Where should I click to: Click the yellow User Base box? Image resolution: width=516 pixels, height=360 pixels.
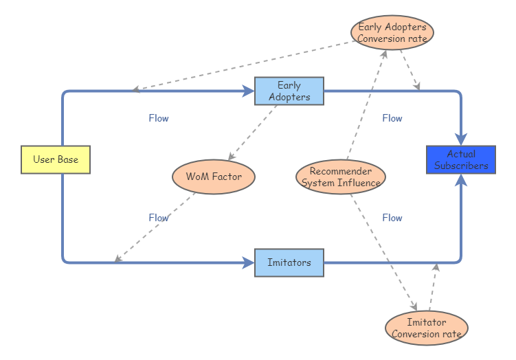56,159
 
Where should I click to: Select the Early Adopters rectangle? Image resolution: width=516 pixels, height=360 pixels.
289,91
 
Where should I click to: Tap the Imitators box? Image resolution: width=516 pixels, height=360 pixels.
289,262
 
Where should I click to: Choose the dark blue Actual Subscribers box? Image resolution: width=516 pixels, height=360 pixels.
460,159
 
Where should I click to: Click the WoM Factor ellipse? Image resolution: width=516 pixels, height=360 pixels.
214,177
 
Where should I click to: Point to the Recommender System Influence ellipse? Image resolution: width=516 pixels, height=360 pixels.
341,177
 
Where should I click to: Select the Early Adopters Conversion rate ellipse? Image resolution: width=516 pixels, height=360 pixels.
392,32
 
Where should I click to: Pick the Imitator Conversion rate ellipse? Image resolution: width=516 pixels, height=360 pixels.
426,328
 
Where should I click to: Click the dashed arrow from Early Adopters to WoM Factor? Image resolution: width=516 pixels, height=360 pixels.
252,132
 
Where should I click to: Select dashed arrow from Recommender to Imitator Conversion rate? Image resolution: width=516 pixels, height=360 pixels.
383,251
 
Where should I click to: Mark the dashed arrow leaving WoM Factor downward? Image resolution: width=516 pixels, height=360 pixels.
155,227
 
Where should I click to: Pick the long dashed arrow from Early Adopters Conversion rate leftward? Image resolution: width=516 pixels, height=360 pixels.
240,66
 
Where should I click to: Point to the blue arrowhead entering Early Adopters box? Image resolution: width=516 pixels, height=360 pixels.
248,91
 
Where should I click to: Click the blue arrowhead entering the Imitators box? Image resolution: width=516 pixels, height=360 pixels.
248,262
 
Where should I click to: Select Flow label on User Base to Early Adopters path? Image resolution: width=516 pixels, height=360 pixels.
159,118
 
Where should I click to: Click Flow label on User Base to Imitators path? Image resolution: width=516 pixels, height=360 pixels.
159,218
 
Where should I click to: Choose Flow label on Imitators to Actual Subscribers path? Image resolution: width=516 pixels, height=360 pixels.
392,218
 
